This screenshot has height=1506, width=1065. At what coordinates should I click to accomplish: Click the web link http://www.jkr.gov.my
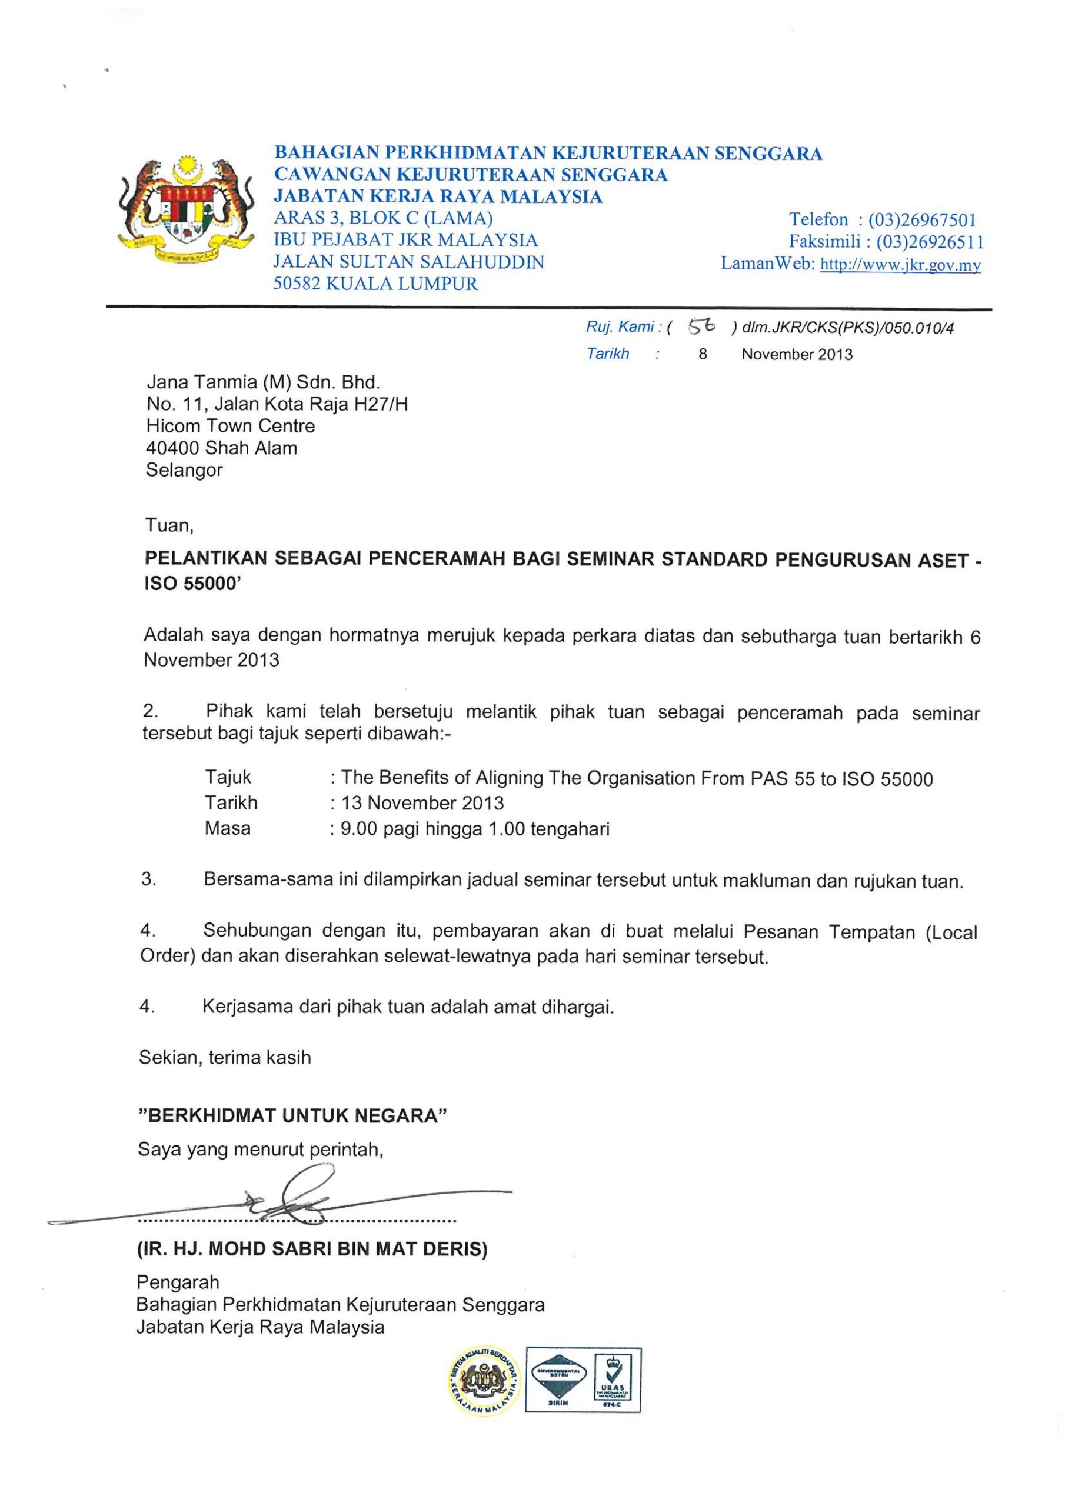pos(900,265)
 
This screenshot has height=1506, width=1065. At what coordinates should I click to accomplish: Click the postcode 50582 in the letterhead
pos(297,284)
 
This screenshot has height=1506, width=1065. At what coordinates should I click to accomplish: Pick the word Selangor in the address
pos(184,469)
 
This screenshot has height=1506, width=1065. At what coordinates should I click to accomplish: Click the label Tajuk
pos(228,777)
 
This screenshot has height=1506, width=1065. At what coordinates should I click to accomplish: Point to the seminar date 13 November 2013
pos(422,803)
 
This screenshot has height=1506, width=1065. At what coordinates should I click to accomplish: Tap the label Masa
pos(227,828)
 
